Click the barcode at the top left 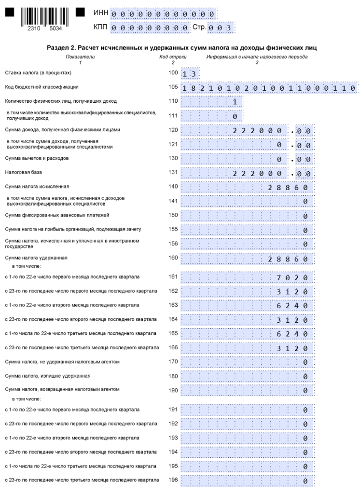[44, 16]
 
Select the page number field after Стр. [221, 27]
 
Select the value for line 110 [235, 102]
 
